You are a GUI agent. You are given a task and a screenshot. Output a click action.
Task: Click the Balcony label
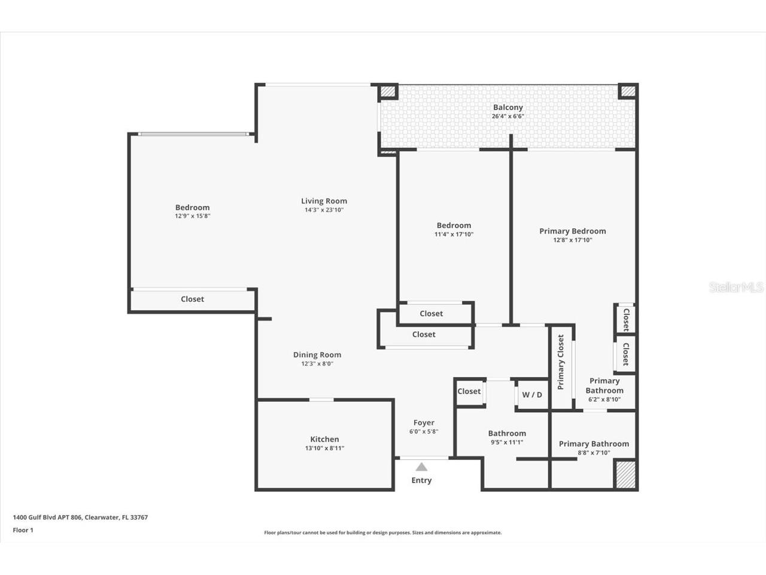pos(507,107)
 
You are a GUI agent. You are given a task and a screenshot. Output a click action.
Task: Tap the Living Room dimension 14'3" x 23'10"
pos(324,210)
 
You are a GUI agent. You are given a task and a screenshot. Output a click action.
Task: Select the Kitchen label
pos(324,439)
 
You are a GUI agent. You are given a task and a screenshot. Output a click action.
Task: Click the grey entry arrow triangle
pos(421,467)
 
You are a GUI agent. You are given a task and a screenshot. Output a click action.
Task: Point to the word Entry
pos(421,480)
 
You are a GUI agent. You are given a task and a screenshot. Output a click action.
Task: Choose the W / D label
pos(532,395)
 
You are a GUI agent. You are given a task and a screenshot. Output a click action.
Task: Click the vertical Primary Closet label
pos(561,362)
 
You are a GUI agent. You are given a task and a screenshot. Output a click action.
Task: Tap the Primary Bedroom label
pos(572,231)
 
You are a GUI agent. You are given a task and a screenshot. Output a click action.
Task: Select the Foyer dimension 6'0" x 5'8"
pos(424,431)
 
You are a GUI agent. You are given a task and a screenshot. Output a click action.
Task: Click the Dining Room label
pos(317,355)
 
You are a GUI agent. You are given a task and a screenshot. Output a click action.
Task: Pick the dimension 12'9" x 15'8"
pos(192,216)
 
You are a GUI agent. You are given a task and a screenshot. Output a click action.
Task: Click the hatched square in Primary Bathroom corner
pos(625,474)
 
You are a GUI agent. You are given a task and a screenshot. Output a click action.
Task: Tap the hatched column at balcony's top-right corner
pos(628,91)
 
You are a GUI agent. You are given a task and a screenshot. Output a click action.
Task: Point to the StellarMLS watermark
pos(736,287)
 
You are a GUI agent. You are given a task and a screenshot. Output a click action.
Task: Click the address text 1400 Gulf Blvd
pos(80,517)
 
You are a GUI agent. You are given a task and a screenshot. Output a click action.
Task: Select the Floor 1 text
pos(23,530)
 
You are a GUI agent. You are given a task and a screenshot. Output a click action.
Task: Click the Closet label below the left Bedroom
pos(192,299)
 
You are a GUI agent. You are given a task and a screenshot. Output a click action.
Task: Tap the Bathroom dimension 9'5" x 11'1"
pos(506,443)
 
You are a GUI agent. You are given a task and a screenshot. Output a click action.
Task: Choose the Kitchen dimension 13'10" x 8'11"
pos(324,448)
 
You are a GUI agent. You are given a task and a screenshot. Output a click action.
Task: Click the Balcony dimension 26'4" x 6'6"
pos(507,116)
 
